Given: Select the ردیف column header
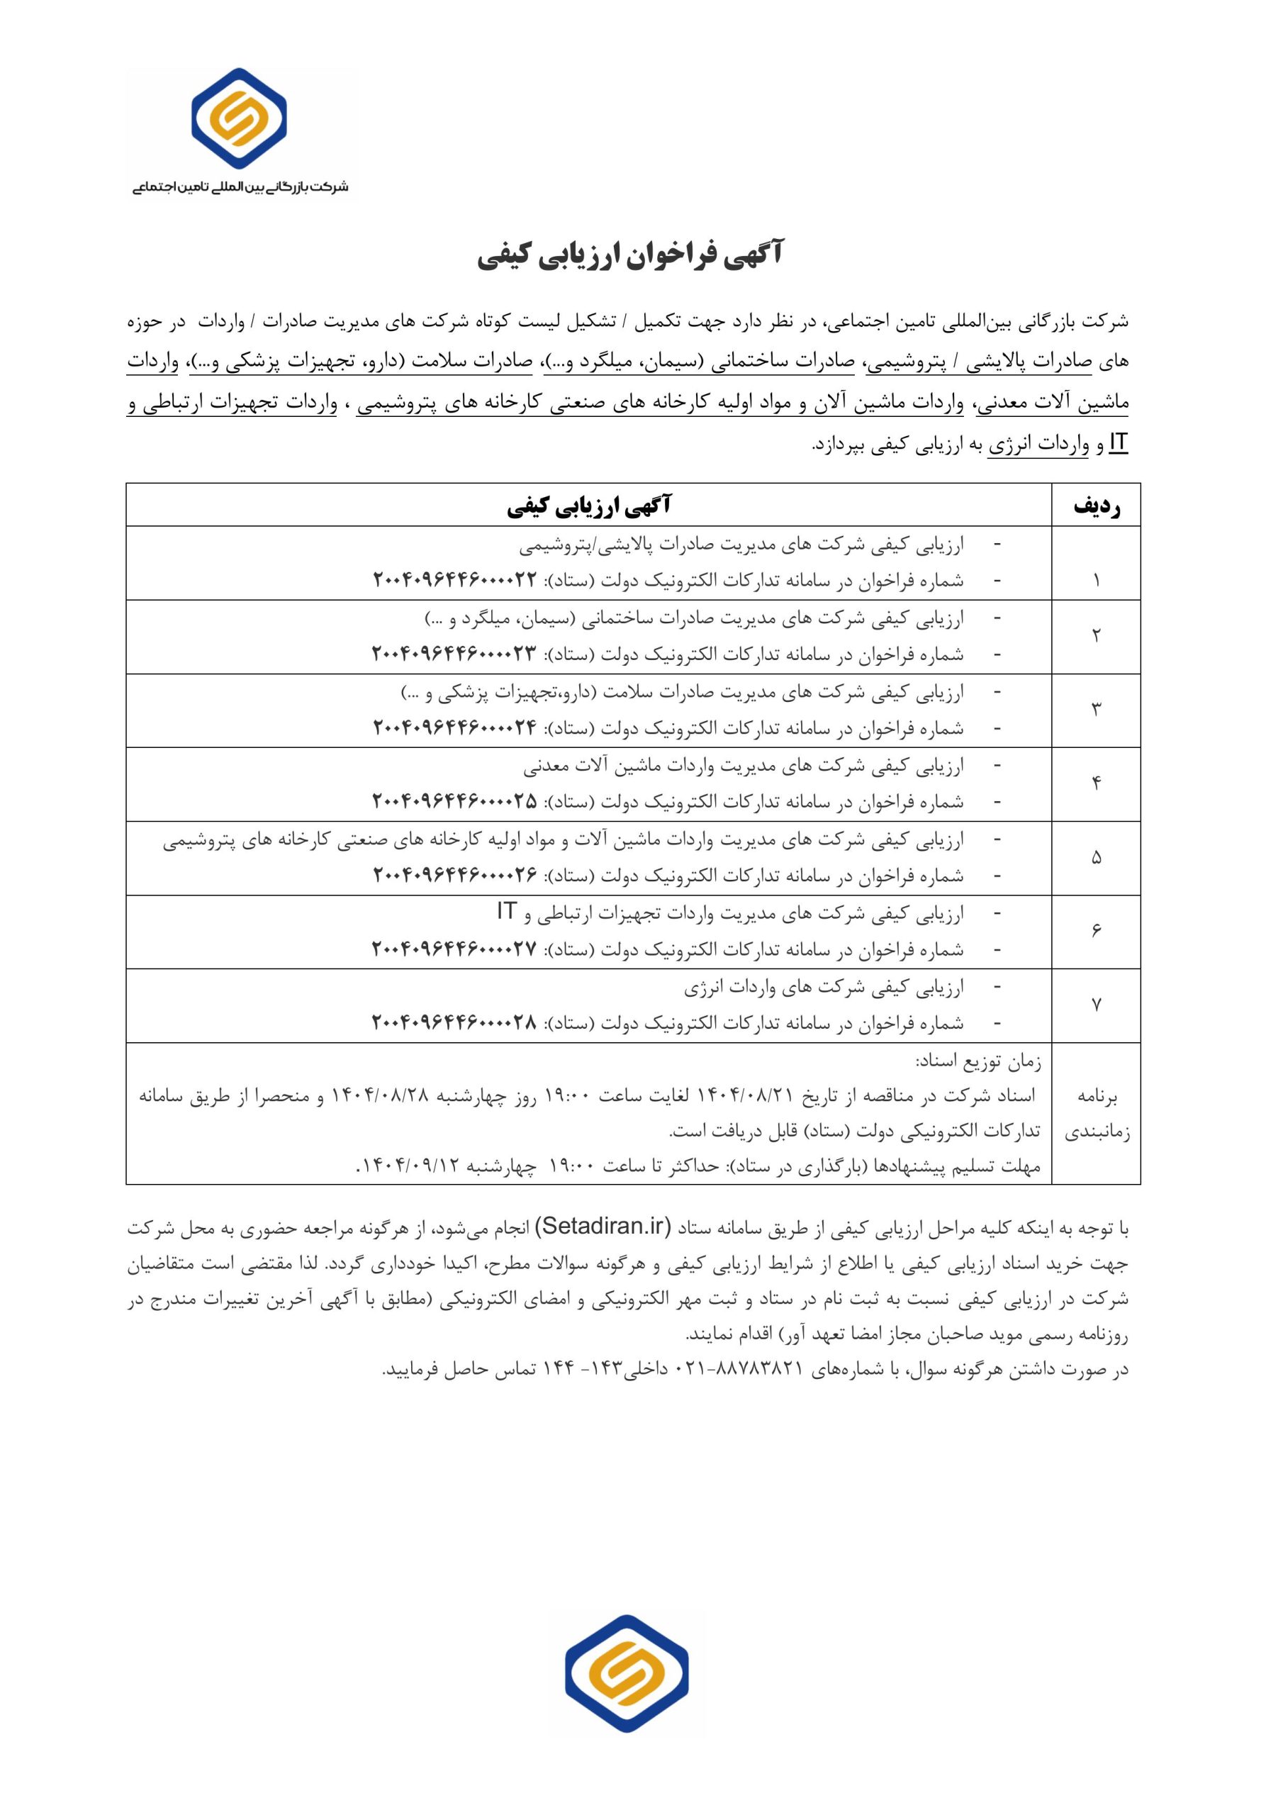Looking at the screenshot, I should click(x=1096, y=506).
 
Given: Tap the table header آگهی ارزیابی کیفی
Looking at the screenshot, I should click(x=589, y=506).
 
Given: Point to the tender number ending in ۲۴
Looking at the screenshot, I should click(x=454, y=727).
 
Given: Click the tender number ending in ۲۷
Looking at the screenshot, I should click(x=454, y=949).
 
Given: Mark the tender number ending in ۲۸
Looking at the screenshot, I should click(x=454, y=1023).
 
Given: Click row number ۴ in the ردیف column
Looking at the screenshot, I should click(x=1096, y=783).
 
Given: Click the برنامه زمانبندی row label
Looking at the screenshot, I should click(x=1097, y=1115).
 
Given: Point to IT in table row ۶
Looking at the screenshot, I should click(x=507, y=912).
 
